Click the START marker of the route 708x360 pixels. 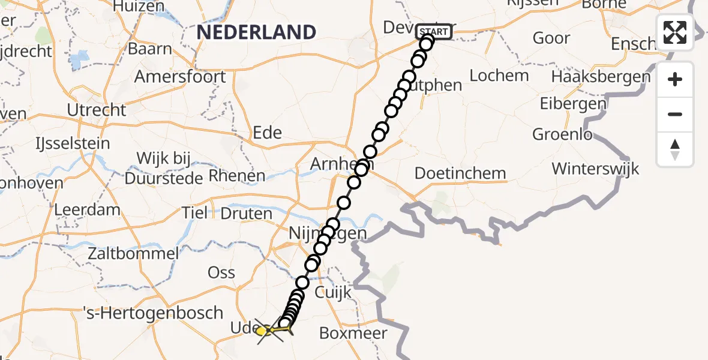(x=433, y=32)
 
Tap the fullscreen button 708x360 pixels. (x=675, y=32)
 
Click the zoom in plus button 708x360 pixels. (x=675, y=79)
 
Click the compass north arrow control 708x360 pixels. (x=675, y=149)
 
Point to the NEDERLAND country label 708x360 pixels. (x=256, y=32)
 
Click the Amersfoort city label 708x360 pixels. (x=180, y=77)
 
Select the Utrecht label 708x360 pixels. (x=97, y=110)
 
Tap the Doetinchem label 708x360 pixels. (x=460, y=173)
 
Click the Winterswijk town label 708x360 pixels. (x=595, y=168)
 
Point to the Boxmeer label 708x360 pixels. (x=353, y=333)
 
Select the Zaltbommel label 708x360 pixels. (x=133, y=253)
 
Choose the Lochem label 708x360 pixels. (x=499, y=76)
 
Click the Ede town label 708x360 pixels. (x=268, y=133)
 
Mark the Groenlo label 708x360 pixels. (x=562, y=134)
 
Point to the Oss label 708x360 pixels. (x=221, y=272)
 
